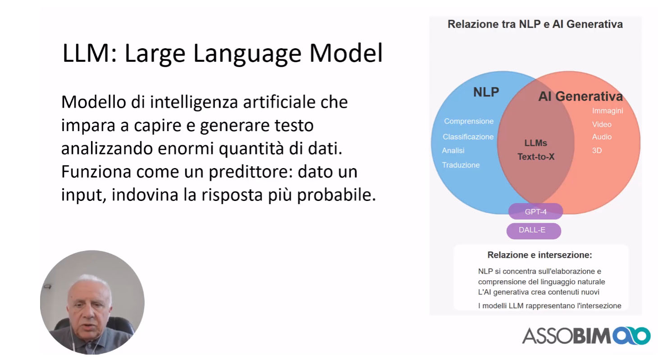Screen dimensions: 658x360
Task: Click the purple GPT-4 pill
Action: (535, 211)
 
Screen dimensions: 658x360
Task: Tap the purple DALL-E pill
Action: (534, 231)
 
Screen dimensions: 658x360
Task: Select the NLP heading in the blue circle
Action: (486, 92)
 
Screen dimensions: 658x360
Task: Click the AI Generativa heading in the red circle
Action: (580, 96)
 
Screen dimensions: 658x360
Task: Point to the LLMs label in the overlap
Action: (536, 143)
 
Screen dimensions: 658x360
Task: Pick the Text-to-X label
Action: (536, 157)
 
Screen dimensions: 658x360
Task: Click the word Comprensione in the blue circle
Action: (469, 121)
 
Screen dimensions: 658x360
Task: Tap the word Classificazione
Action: (468, 137)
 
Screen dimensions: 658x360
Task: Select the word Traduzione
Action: (461, 165)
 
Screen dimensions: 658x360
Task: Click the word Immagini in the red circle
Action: (608, 111)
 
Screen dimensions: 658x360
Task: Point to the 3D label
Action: (597, 150)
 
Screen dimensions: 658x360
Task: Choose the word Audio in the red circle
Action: (602, 137)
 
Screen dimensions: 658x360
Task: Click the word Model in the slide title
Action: (346, 53)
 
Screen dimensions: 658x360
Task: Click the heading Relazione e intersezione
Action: (539, 255)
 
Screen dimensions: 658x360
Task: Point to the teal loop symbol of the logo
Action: (631, 336)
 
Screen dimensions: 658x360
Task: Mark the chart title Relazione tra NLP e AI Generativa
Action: (535, 24)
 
